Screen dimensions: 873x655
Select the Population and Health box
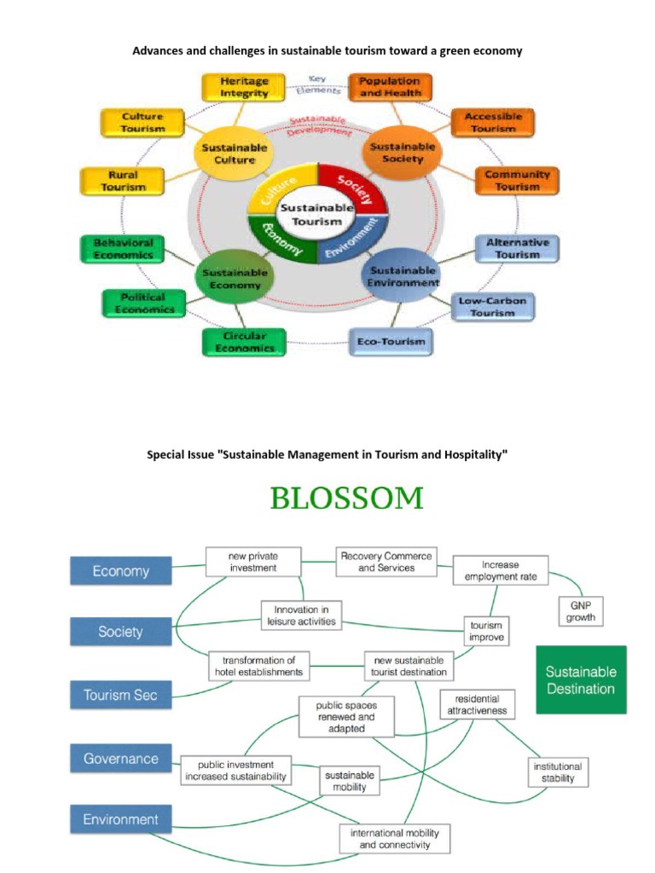click(x=389, y=87)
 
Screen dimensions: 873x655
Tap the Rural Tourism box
click(x=122, y=181)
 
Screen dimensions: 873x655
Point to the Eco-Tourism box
click(x=390, y=342)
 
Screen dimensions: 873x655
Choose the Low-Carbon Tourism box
click(x=492, y=307)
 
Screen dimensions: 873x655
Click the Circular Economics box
click(x=243, y=342)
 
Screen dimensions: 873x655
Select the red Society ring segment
click(x=353, y=187)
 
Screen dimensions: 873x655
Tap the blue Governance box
click(x=121, y=759)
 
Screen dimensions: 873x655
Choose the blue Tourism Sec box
click(x=120, y=695)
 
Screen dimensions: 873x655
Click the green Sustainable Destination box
click(x=580, y=679)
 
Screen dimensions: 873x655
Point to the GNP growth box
click(x=580, y=610)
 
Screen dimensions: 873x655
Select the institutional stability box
click(x=558, y=772)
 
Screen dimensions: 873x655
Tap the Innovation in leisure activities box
click(x=301, y=616)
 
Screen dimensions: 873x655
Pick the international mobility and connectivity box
click(x=395, y=839)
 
